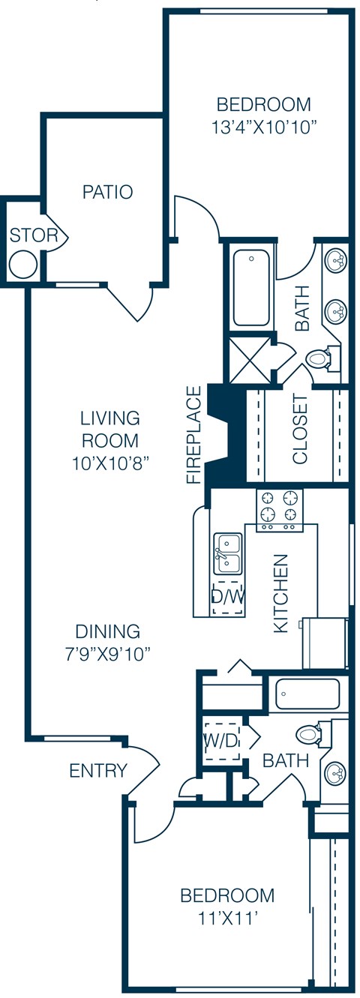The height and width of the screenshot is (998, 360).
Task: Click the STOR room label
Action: [x=33, y=235]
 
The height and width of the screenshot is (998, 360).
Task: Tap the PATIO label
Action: [x=107, y=192]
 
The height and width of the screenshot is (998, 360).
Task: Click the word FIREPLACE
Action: [x=195, y=435]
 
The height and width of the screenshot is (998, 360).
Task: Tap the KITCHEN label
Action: [x=280, y=593]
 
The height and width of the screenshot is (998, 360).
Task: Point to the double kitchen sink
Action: [x=227, y=553]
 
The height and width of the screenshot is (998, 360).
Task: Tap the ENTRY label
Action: [x=98, y=771]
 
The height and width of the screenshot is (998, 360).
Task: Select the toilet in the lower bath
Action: [x=309, y=733]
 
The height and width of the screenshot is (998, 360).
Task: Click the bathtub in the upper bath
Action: [x=251, y=287]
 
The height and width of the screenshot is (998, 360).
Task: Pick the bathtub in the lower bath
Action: [x=307, y=694]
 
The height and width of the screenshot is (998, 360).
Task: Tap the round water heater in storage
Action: [x=23, y=263]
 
